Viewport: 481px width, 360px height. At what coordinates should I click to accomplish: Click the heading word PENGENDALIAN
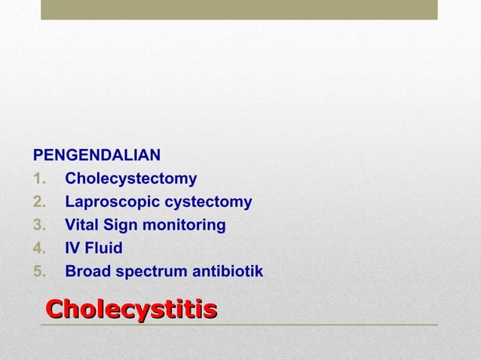pyautogui.click(x=97, y=156)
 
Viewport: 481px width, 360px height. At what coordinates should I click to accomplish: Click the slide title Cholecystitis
pyautogui.click(x=132, y=309)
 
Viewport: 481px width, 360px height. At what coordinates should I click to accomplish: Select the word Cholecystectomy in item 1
pyautogui.click(x=131, y=179)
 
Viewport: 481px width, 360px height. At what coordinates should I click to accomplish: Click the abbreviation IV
pyautogui.click(x=73, y=248)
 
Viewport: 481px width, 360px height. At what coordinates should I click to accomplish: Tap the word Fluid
pyautogui.click(x=104, y=248)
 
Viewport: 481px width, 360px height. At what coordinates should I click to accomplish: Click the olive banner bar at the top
pyautogui.click(x=239, y=9)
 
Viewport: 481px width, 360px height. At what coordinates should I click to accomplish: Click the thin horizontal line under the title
pyautogui.click(x=239, y=325)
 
